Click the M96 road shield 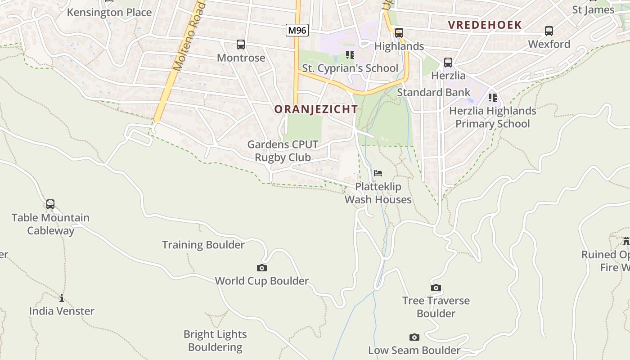(x=297, y=31)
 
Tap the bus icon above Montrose (x=241, y=45)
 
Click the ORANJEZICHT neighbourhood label (x=316, y=109)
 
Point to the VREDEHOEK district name (x=485, y=25)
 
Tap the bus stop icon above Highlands (x=399, y=33)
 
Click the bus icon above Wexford (x=549, y=31)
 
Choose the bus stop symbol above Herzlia (x=448, y=63)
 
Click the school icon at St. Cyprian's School (x=350, y=55)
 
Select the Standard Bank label (x=433, y=92)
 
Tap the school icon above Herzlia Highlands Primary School (x=493, y=97)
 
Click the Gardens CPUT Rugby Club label (x=283, y=151)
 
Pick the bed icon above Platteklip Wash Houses (x=378, y=173)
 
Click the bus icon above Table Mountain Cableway (x=50, y=204)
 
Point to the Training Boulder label (x=203, y=245)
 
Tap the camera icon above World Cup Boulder (x=262, y=268)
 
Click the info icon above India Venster (x=62, y=298)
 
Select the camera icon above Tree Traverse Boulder (x=436, y=288)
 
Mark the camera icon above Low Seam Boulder (x=414, y=337)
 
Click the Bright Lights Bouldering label (x=215, y=341)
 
